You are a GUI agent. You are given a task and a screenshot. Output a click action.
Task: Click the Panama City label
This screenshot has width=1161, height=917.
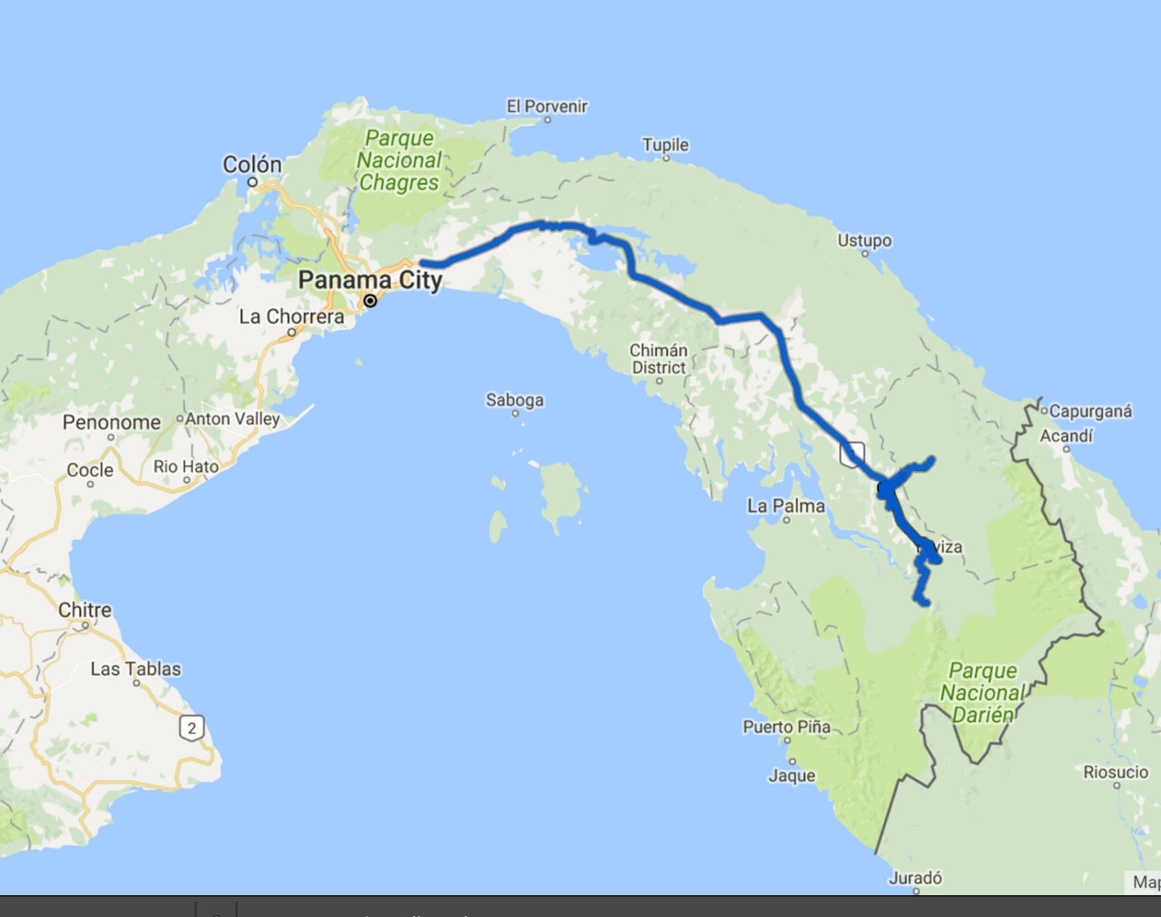370,280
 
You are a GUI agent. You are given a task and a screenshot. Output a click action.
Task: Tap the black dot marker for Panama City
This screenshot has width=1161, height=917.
370,301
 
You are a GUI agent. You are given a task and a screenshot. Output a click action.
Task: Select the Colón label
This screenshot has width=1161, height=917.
252,165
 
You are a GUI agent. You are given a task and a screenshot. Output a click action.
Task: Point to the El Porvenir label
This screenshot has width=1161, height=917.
546,107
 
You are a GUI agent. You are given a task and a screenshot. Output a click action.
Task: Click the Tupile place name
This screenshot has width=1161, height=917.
665,145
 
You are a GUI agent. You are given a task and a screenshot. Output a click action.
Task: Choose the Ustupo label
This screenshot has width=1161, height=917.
864,240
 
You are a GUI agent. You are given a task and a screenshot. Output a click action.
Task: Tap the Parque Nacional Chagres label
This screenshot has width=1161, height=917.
399,160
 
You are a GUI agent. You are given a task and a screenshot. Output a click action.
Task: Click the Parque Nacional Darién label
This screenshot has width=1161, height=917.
982,693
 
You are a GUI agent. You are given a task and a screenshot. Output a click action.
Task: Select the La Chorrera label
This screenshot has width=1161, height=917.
292,317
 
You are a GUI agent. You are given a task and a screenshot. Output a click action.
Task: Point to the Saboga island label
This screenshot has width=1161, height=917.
514,400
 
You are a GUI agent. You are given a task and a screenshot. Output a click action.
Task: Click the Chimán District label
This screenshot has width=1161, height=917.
658,359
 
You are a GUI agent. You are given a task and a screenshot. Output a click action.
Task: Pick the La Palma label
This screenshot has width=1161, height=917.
786,506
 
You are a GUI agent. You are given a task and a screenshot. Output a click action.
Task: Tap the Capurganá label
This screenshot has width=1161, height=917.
1090,412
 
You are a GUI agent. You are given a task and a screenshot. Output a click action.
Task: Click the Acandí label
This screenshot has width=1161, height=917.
1066,436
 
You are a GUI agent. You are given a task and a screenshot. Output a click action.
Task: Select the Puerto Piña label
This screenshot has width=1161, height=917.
787,727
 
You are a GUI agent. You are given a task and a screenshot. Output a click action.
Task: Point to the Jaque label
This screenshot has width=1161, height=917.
792,775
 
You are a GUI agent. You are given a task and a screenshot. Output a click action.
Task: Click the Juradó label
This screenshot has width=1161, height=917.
915,879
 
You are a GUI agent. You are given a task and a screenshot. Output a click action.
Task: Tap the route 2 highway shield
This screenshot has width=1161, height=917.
192,728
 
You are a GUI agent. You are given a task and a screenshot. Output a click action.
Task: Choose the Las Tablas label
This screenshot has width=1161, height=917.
136,669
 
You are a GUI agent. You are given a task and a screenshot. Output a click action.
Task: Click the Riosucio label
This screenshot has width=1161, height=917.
1115,773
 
